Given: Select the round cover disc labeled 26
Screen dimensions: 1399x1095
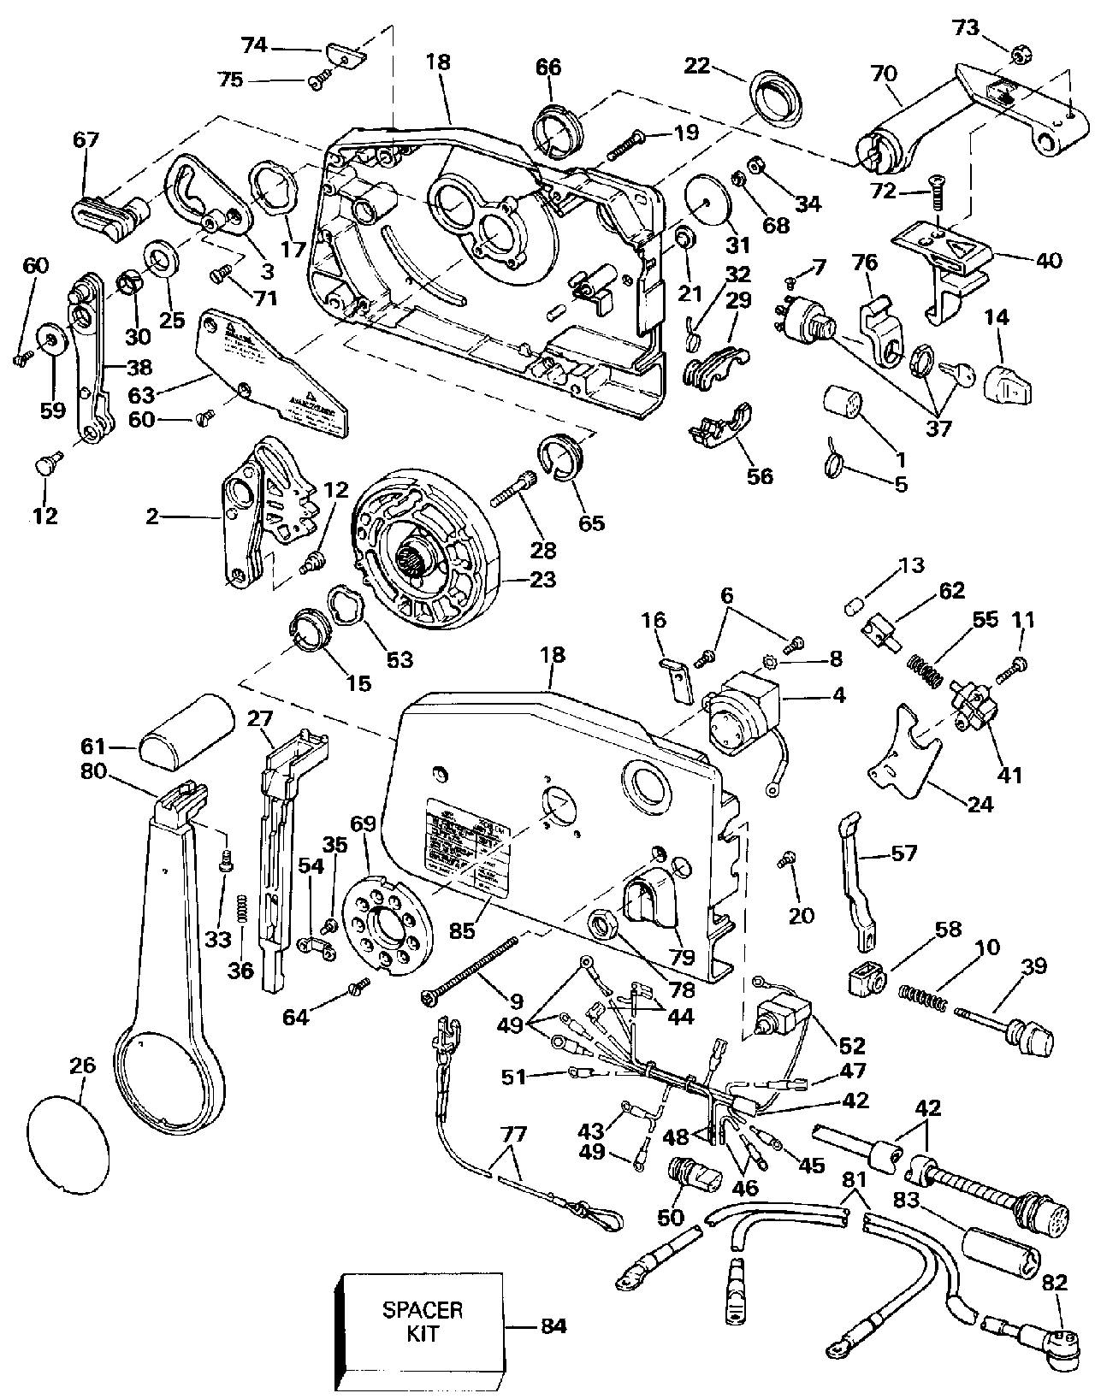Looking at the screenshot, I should (69, 1141).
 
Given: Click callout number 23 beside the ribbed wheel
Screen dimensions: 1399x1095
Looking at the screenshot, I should (542, 580).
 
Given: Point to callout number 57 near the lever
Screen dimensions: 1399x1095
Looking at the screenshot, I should (904, 852).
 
